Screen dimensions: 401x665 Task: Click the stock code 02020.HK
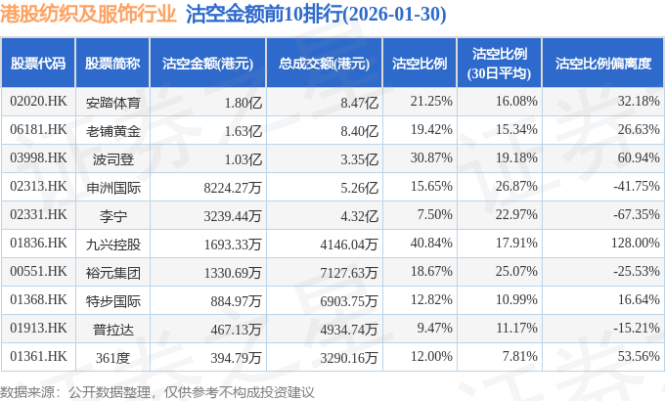(38, 101)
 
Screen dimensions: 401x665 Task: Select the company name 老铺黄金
(113, 129)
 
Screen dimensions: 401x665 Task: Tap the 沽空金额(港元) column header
(207, 63)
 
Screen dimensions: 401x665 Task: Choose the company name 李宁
(113, 214)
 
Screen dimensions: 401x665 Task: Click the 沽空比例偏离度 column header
(602, 63)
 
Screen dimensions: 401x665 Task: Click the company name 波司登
(113, 157)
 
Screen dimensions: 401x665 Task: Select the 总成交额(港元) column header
(324, 63)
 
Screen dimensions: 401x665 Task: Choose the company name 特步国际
(113, 299)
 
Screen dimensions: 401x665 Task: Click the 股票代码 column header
(38, 63)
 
